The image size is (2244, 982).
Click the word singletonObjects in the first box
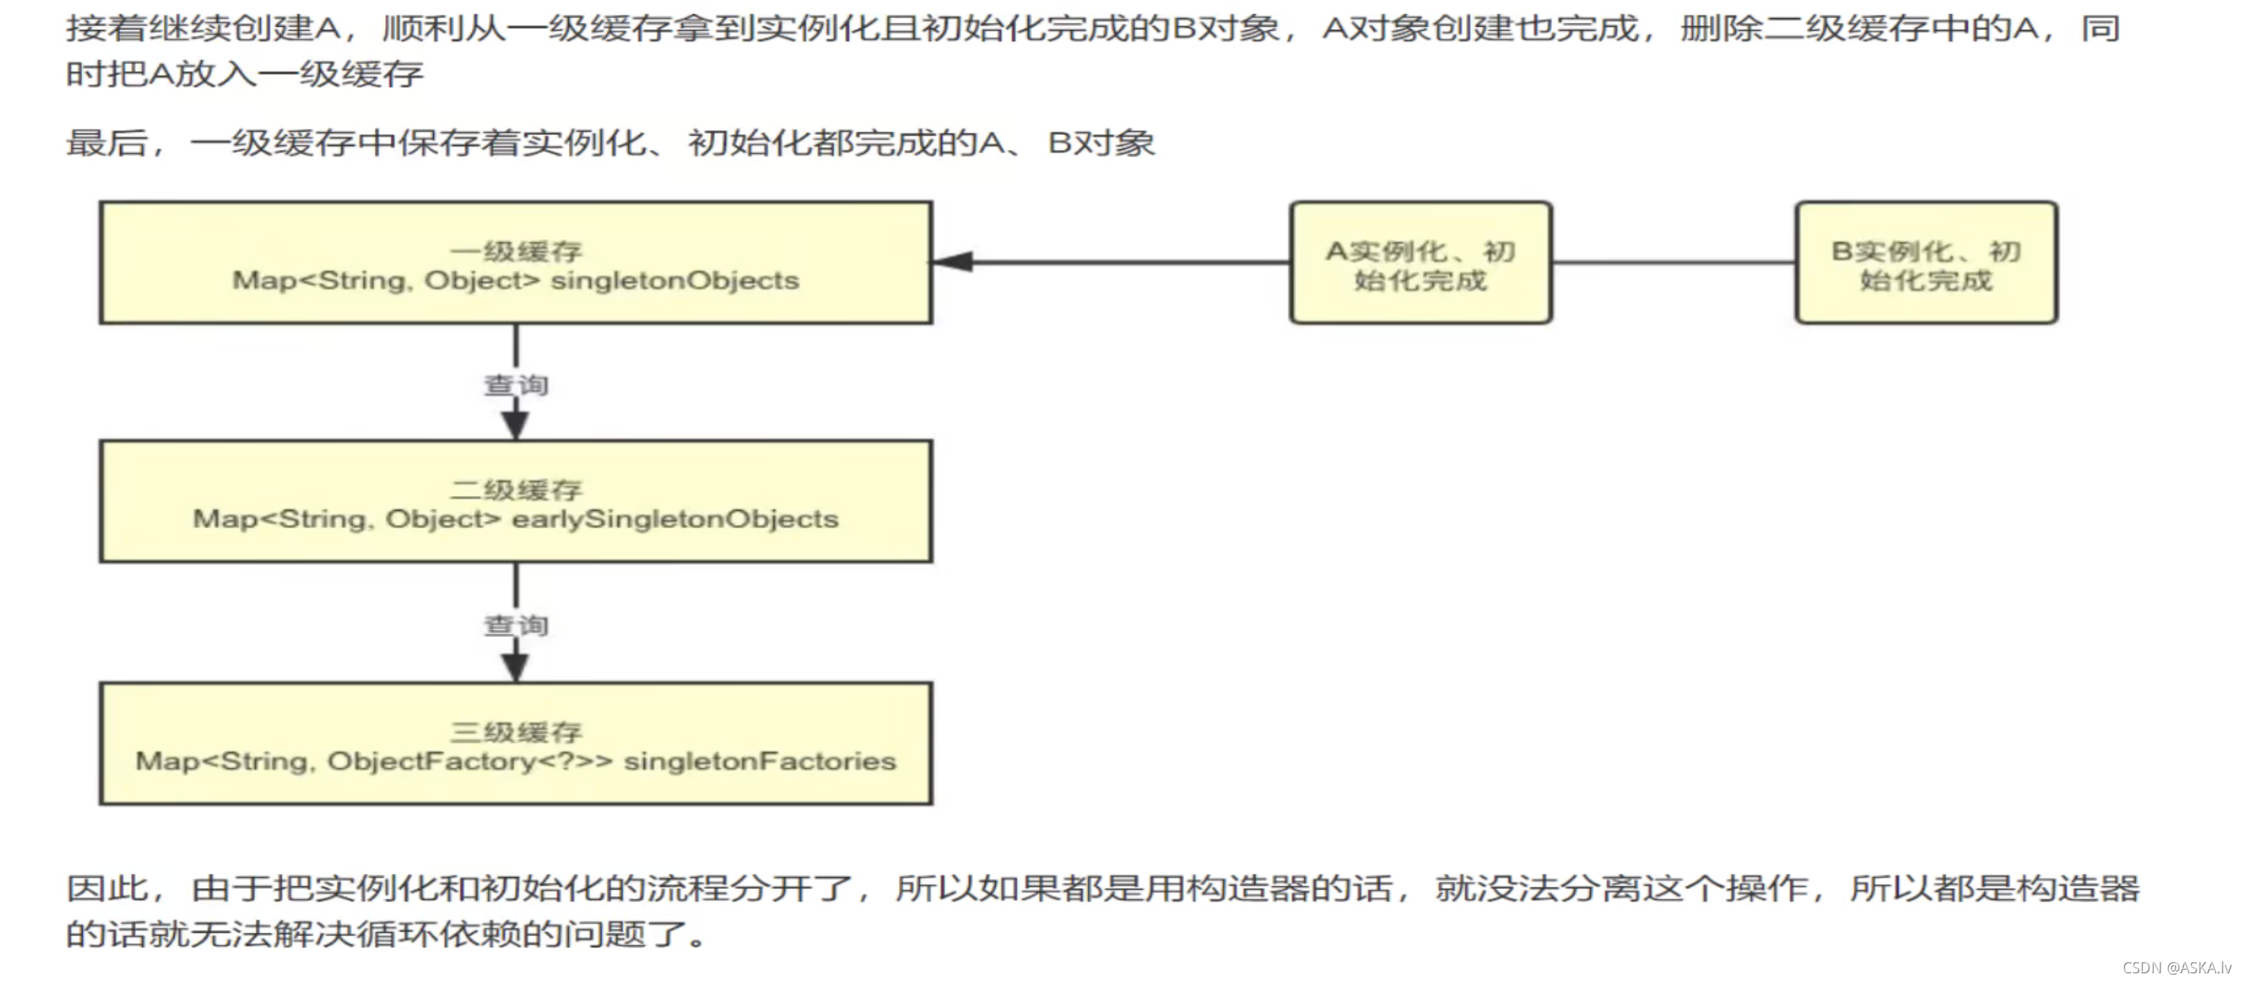click(x=675, y=280)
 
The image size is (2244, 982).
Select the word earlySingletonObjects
click(x=675, y=519)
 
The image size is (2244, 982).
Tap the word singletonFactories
click(x=760, y=762)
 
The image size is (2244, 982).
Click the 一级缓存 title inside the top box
click(x=516, y=252)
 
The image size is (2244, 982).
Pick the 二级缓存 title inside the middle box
click(x=516, y=489)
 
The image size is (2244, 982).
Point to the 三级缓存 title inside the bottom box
click(x=516, y=732)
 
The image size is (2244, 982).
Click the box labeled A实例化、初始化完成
click(x=1420, y=263)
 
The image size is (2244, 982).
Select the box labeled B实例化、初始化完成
click(x=1925, y=263)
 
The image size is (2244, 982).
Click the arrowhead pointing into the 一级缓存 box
click(x=953, y=261)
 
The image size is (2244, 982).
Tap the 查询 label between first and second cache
click(x=516, y=385)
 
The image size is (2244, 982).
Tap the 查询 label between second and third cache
click(x=516, y=626)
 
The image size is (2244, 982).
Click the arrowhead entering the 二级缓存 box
click(x=516, y=425)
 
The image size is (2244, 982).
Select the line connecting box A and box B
click(x=1673, y=261)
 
